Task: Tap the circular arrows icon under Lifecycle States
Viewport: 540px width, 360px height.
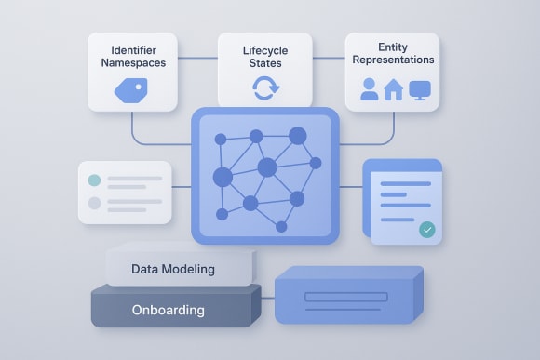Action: pyautogui.click(x=264, y=89)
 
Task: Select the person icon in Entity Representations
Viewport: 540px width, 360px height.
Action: pyautogui.click(x=369, y=90)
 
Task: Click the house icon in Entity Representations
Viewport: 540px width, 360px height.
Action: pyautogui.click(x=394, y=89)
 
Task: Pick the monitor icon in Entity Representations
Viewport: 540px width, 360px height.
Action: pyautogui.click(x=421, y=90)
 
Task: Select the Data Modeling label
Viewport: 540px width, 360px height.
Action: pyautogui.click(x=173, y=269)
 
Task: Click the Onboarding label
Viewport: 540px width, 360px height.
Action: pyautogui.click(x=169, y=310)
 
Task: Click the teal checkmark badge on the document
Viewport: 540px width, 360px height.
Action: pyautogui.click(x=427, y=229)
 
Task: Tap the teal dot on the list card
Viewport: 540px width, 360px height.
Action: pyautogui.click(x=93, y=180)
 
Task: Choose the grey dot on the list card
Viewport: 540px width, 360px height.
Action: pyautogui.click(x=93, y=203)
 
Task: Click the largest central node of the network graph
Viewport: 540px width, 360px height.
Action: pyautogui.click(x=267, y=167)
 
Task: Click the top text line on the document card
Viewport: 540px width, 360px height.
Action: pyautogui.click(x=406, y=183)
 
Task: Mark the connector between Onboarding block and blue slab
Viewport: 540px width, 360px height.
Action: pyautogui.click(x=267, y=300)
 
